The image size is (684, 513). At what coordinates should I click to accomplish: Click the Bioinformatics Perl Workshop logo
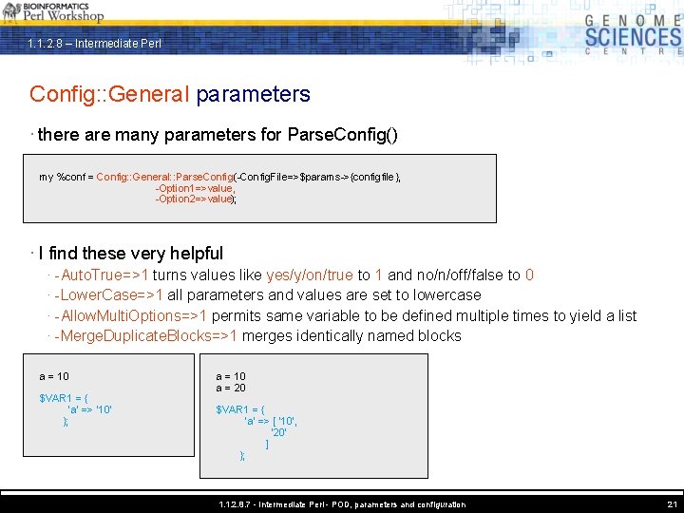point(53,11)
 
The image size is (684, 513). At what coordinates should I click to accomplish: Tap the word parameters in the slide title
point(254,94)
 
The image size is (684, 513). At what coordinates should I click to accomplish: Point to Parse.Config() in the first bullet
point(342,135)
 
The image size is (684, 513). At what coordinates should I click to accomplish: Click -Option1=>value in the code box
point(196,188)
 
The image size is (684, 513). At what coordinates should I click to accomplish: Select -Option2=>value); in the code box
point(197,199)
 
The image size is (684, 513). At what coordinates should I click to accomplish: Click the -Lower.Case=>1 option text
point(109,295)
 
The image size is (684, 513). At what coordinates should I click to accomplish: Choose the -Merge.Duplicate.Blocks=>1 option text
point(147,335)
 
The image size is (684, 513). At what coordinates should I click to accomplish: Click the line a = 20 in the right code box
point(231,388)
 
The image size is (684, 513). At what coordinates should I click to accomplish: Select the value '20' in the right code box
point(278,431)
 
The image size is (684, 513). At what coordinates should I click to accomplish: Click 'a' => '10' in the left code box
point(89,409)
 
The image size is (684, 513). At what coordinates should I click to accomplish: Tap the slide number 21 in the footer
point(673,504)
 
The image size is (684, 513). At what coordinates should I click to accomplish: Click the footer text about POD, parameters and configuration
point(342,504)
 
